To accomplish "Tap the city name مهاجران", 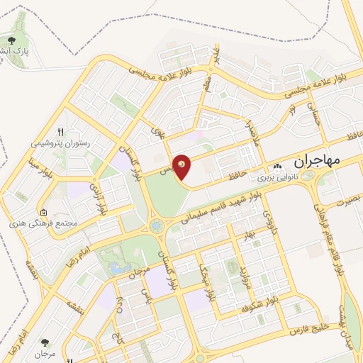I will click(x=315, y=161).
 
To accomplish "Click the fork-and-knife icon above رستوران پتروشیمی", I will click(x=60, y=132).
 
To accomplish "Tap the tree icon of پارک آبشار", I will click(x=12, y=40).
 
